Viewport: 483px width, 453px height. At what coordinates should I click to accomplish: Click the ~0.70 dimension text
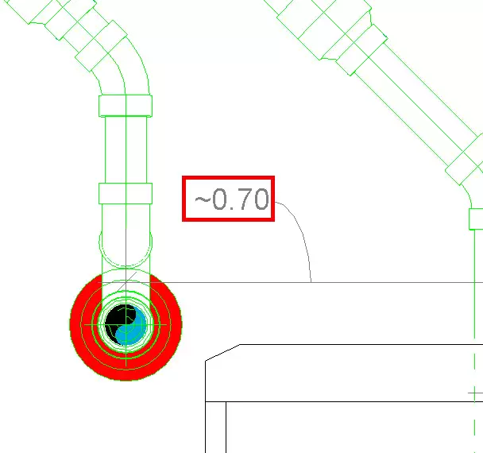click(232, 199)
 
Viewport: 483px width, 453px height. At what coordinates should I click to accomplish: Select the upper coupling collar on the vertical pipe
click(126, 106)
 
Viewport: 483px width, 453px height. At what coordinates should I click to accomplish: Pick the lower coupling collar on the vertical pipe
click(126, 193)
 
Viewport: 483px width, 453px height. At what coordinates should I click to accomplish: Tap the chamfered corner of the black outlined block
click(222, 352)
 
